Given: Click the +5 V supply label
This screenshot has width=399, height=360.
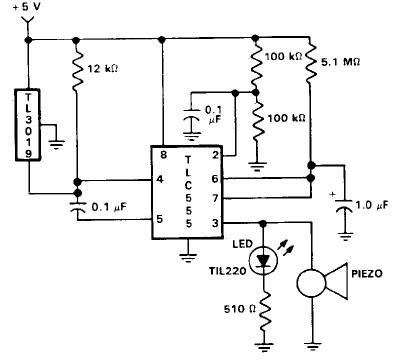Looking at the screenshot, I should [30, 9].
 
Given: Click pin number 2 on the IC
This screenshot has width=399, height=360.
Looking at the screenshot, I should [217, 156].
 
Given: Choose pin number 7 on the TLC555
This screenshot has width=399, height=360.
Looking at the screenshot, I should [217, 200].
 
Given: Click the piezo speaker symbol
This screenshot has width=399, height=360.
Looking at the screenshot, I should [317, 282].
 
